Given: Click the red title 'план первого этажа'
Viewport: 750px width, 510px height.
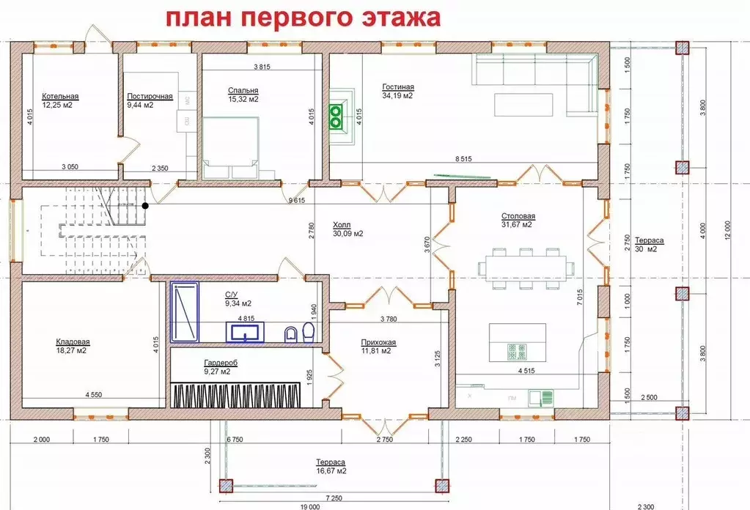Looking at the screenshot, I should (x=301, y=18).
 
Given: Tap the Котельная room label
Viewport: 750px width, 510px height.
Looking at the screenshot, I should (x=60, y=96).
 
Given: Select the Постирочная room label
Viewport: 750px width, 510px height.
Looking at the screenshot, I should (x=150, y=96).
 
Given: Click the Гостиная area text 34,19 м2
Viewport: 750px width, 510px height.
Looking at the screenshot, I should (x=397, y=95).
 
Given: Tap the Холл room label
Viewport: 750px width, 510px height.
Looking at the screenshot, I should (x=342, y=225).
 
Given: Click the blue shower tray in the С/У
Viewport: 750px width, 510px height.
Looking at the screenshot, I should (x=185, y=313).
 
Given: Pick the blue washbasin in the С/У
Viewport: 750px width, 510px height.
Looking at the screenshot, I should (x=248, y=334).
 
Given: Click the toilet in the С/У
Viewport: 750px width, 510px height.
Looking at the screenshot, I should (x=307, y=334).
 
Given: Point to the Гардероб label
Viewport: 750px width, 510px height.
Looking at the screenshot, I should (x=221, y=363).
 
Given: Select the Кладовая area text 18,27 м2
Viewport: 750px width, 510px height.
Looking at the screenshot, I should (x=72, y=350).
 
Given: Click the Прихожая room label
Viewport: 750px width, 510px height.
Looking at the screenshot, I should (x=378, y=341).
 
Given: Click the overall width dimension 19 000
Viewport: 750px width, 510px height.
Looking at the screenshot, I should (x=309, y=506).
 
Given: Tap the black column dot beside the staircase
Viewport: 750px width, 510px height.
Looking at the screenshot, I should (x=146, y=206).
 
